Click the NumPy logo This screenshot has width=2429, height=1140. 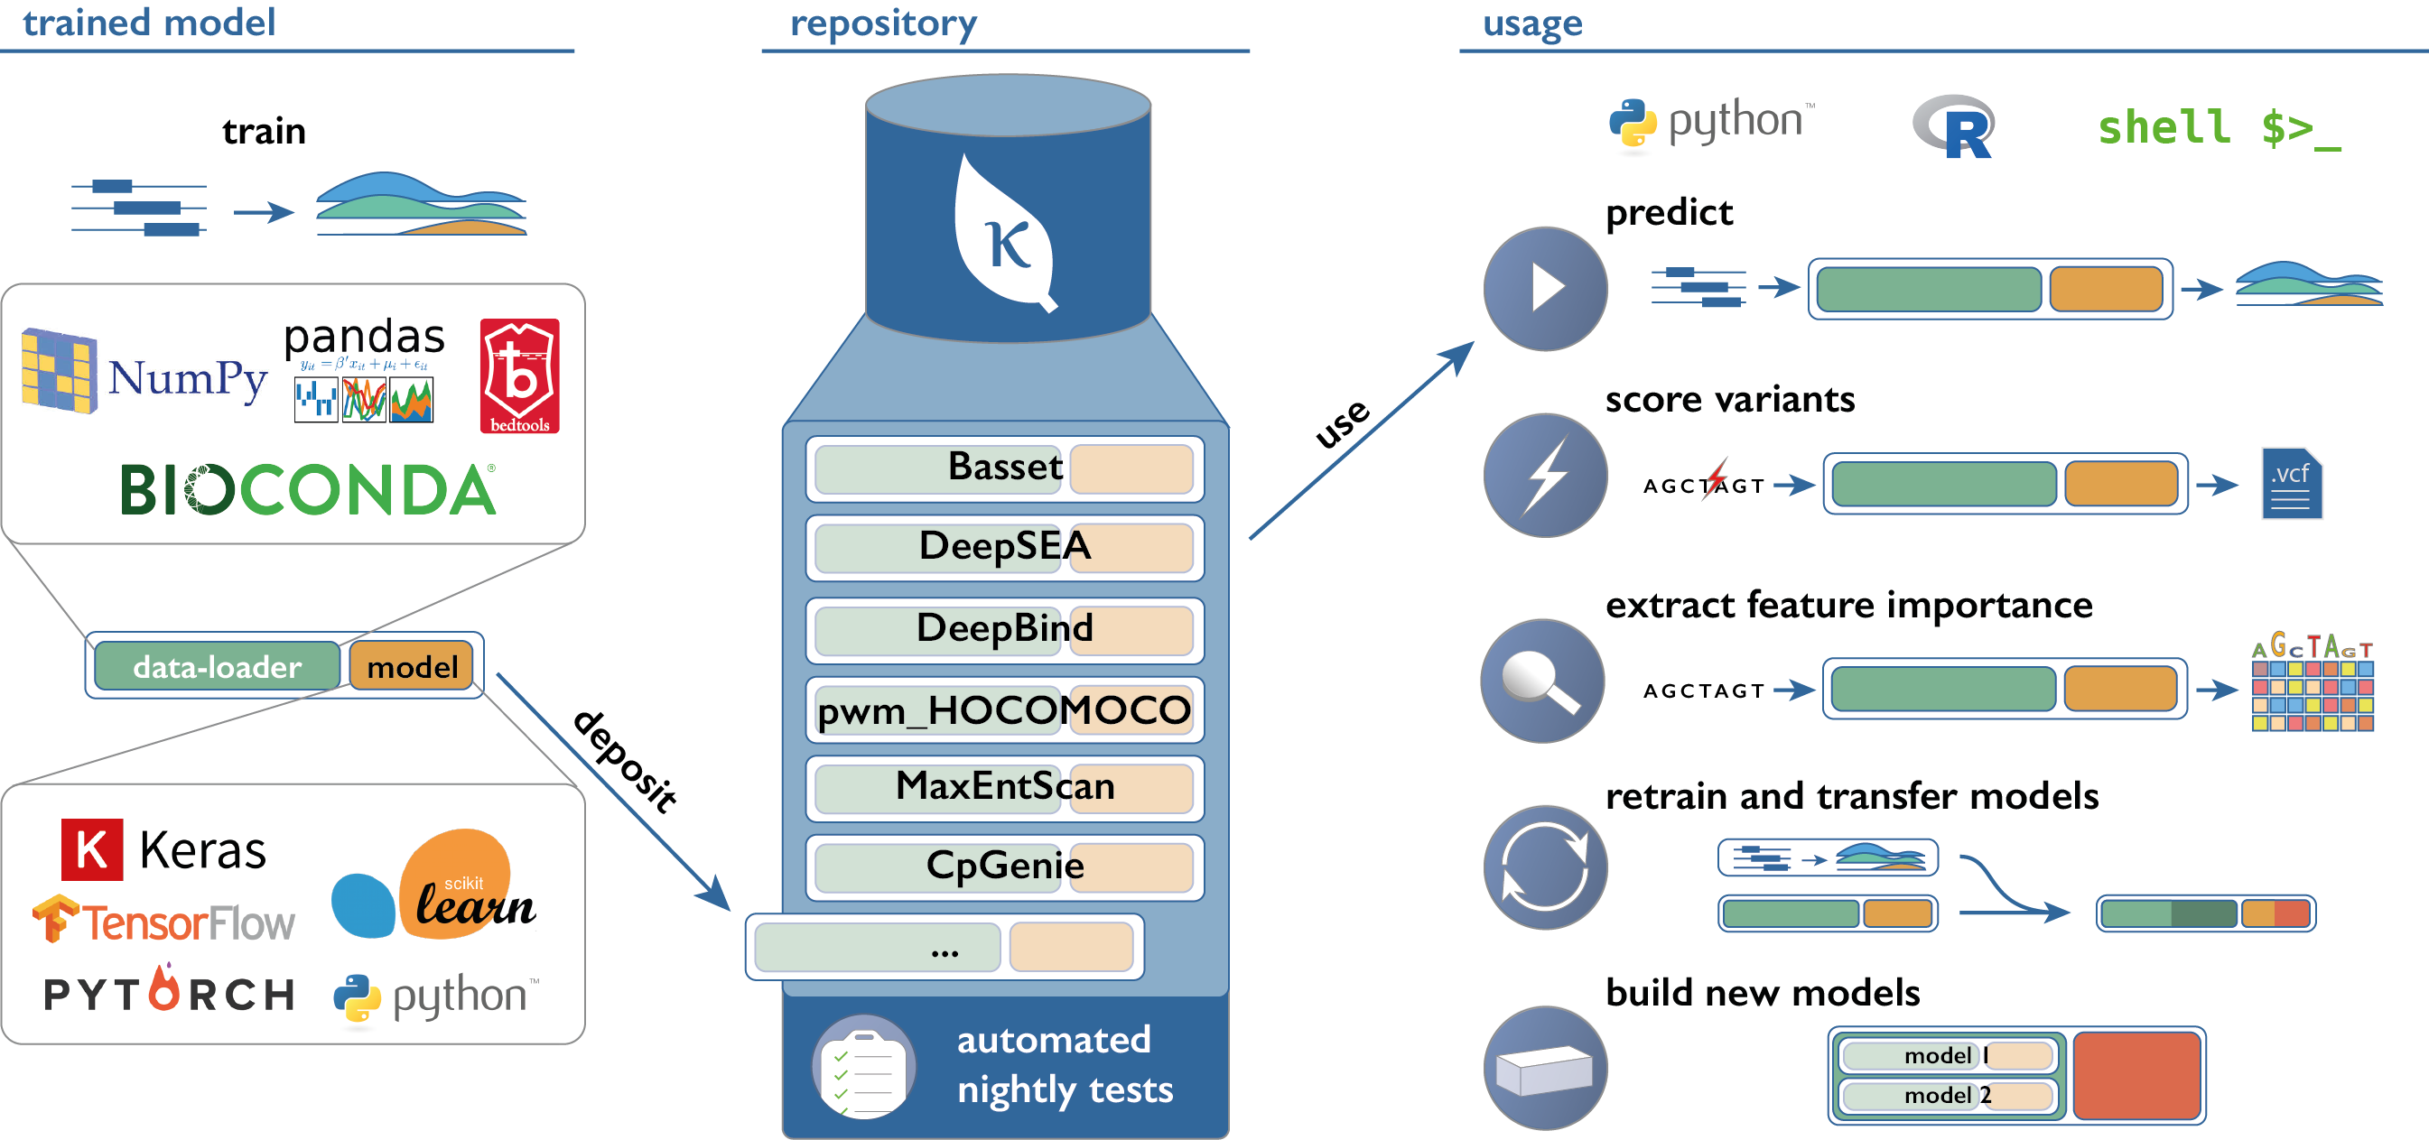pos(145,372)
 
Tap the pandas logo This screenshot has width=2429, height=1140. pos(364,371)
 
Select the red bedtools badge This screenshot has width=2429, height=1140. pos(519,376)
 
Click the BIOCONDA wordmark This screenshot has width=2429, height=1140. pos(308,490)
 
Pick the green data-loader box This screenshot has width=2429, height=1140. pos(217,667)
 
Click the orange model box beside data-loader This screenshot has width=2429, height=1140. pos(412,667)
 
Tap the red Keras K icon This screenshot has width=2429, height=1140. pos(91,849)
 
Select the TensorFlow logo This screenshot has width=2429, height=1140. pos(164,921)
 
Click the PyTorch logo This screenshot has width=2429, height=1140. pos(169,990)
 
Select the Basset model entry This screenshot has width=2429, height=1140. pos(1004,468)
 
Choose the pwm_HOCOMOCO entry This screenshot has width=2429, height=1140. pos(1004,710)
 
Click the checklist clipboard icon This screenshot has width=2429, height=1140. pos(862,1068)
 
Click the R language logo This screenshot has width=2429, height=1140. pos(1954,127)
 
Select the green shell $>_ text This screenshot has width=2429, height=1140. pos(2218,128)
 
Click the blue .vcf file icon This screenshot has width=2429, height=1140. pos(2292,484)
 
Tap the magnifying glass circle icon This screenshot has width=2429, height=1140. pos(1542,681)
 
